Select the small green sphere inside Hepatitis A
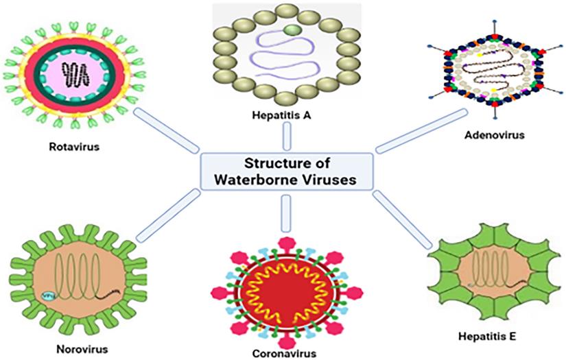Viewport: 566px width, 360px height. click(291, 29)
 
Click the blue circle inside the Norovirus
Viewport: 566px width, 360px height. click(30, 296)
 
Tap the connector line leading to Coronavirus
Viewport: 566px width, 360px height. click(285, 214)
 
